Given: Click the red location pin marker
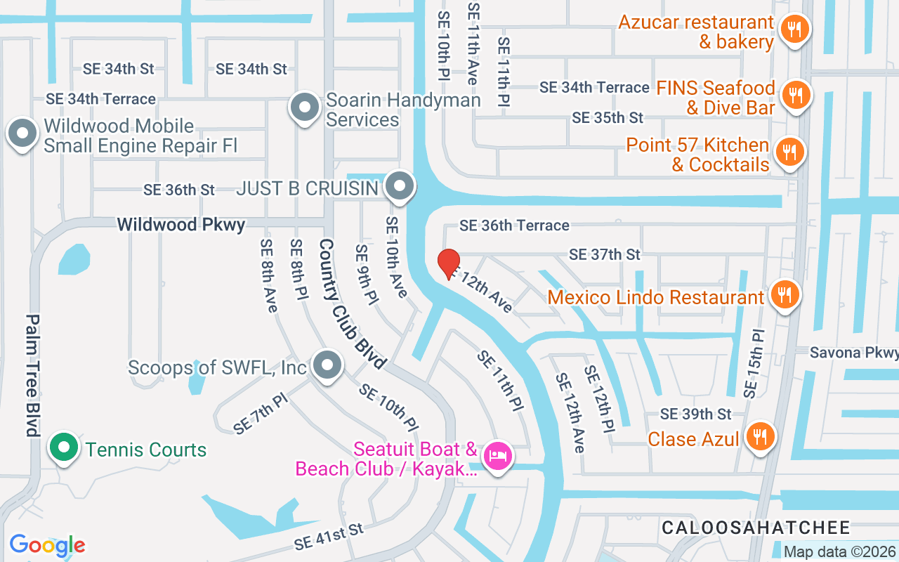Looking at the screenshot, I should (x=448, y=263).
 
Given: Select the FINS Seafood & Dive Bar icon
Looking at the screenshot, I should (x=795, y=96).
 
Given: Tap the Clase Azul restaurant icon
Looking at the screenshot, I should (x=759, y=437).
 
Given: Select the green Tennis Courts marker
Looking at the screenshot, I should (x=64, y=447).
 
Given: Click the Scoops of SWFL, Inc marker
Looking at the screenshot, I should (x=326, y=366).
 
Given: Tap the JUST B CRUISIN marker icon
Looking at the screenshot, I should (x=400, y=187).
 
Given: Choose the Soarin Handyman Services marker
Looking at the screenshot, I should (x=305, y=108).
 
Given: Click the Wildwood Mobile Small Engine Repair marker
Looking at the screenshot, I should (x=22, y=133).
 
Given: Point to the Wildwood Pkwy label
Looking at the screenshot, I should (x=181, y=225).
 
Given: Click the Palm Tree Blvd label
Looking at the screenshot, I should (x=32, y=375).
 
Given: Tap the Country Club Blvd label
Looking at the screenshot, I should (x=351, y=303).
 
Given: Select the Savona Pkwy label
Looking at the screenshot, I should (x=853, y=352).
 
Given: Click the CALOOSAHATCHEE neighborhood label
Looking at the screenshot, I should (x=756, y=528).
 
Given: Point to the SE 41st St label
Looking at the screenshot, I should (x=329, y=536).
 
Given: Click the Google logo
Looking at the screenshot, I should (x=47, y=545).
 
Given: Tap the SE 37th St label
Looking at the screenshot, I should (x=605, y=254).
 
